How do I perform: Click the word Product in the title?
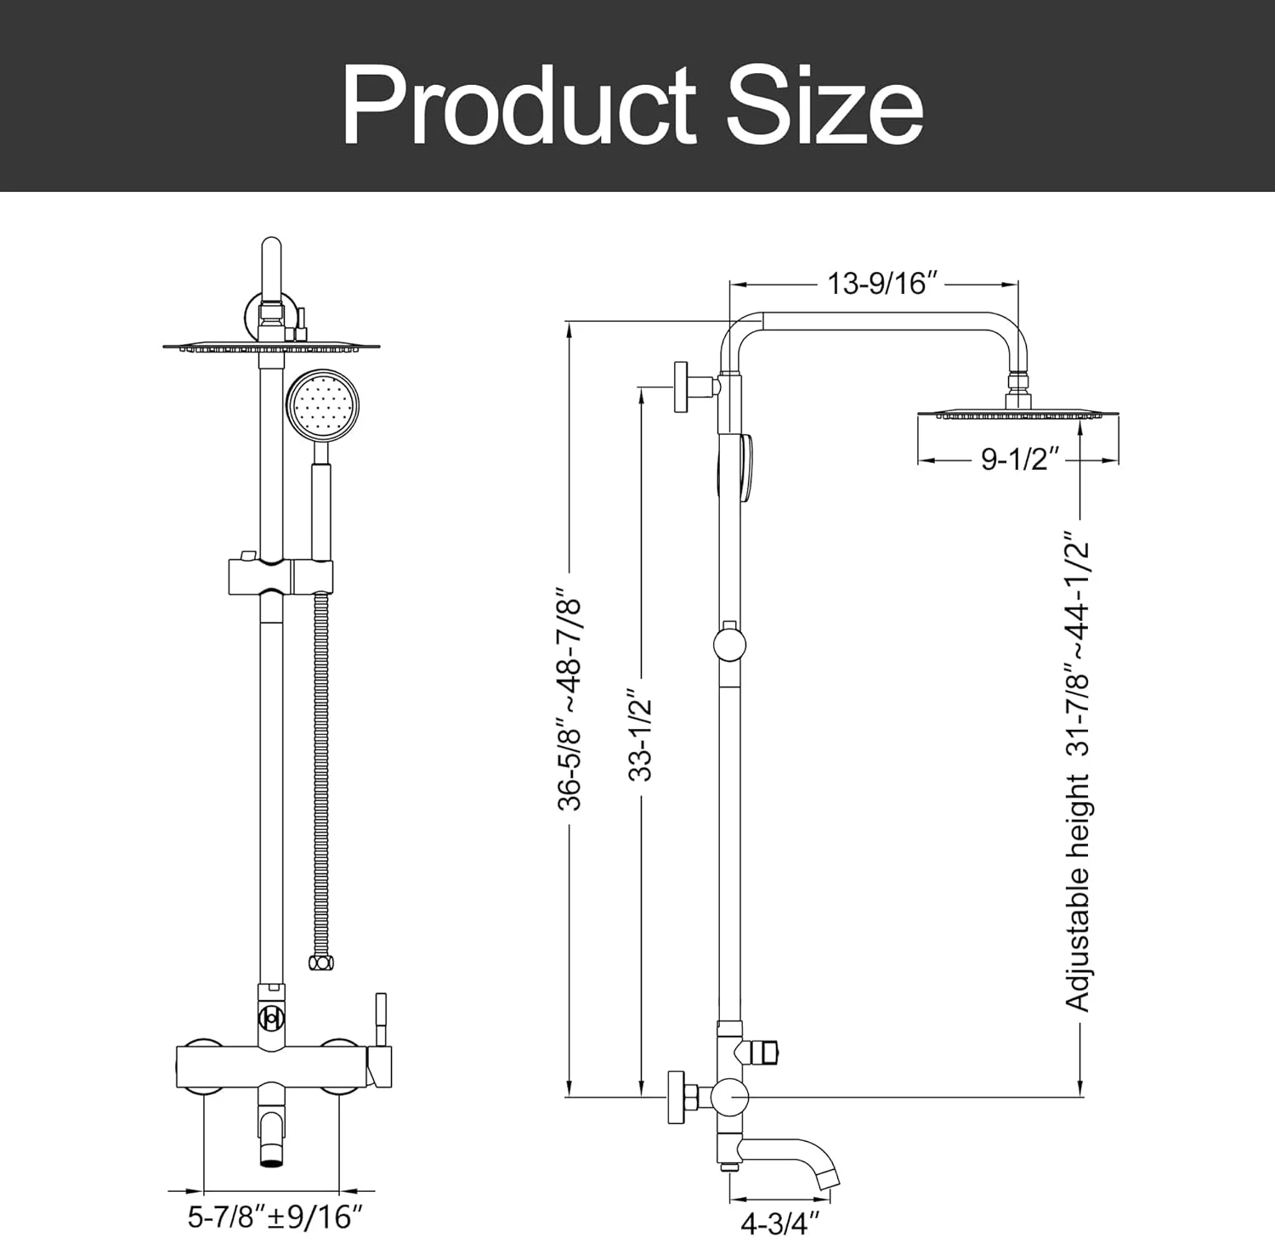point(519,105)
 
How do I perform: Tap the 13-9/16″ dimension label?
point(876,282)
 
